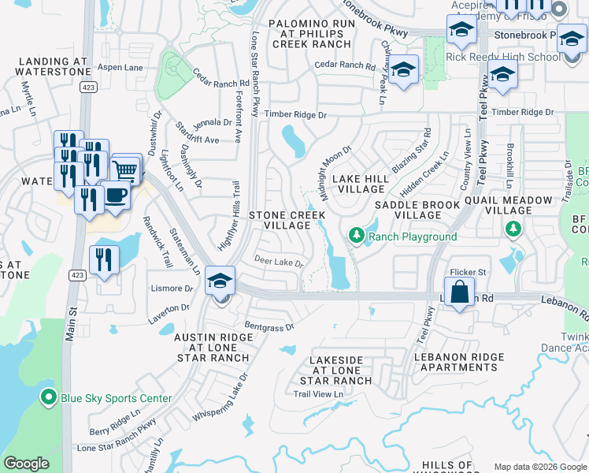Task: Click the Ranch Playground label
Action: [x=413, y=236]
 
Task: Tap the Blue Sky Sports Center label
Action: [x=116, y=398]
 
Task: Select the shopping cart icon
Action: [x=126, y=169]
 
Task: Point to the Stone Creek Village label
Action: [x=280, y=220]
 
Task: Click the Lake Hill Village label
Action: [x=361, y=184]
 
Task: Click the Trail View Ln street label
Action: [x=319, y=394]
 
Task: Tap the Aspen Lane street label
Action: [x=121, y=68]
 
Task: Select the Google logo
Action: [x=26, y=464]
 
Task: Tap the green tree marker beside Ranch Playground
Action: [x=356, y=236]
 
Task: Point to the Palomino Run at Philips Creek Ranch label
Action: [x=312, y=35]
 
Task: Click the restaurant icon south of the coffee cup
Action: [x=104, y=259]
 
